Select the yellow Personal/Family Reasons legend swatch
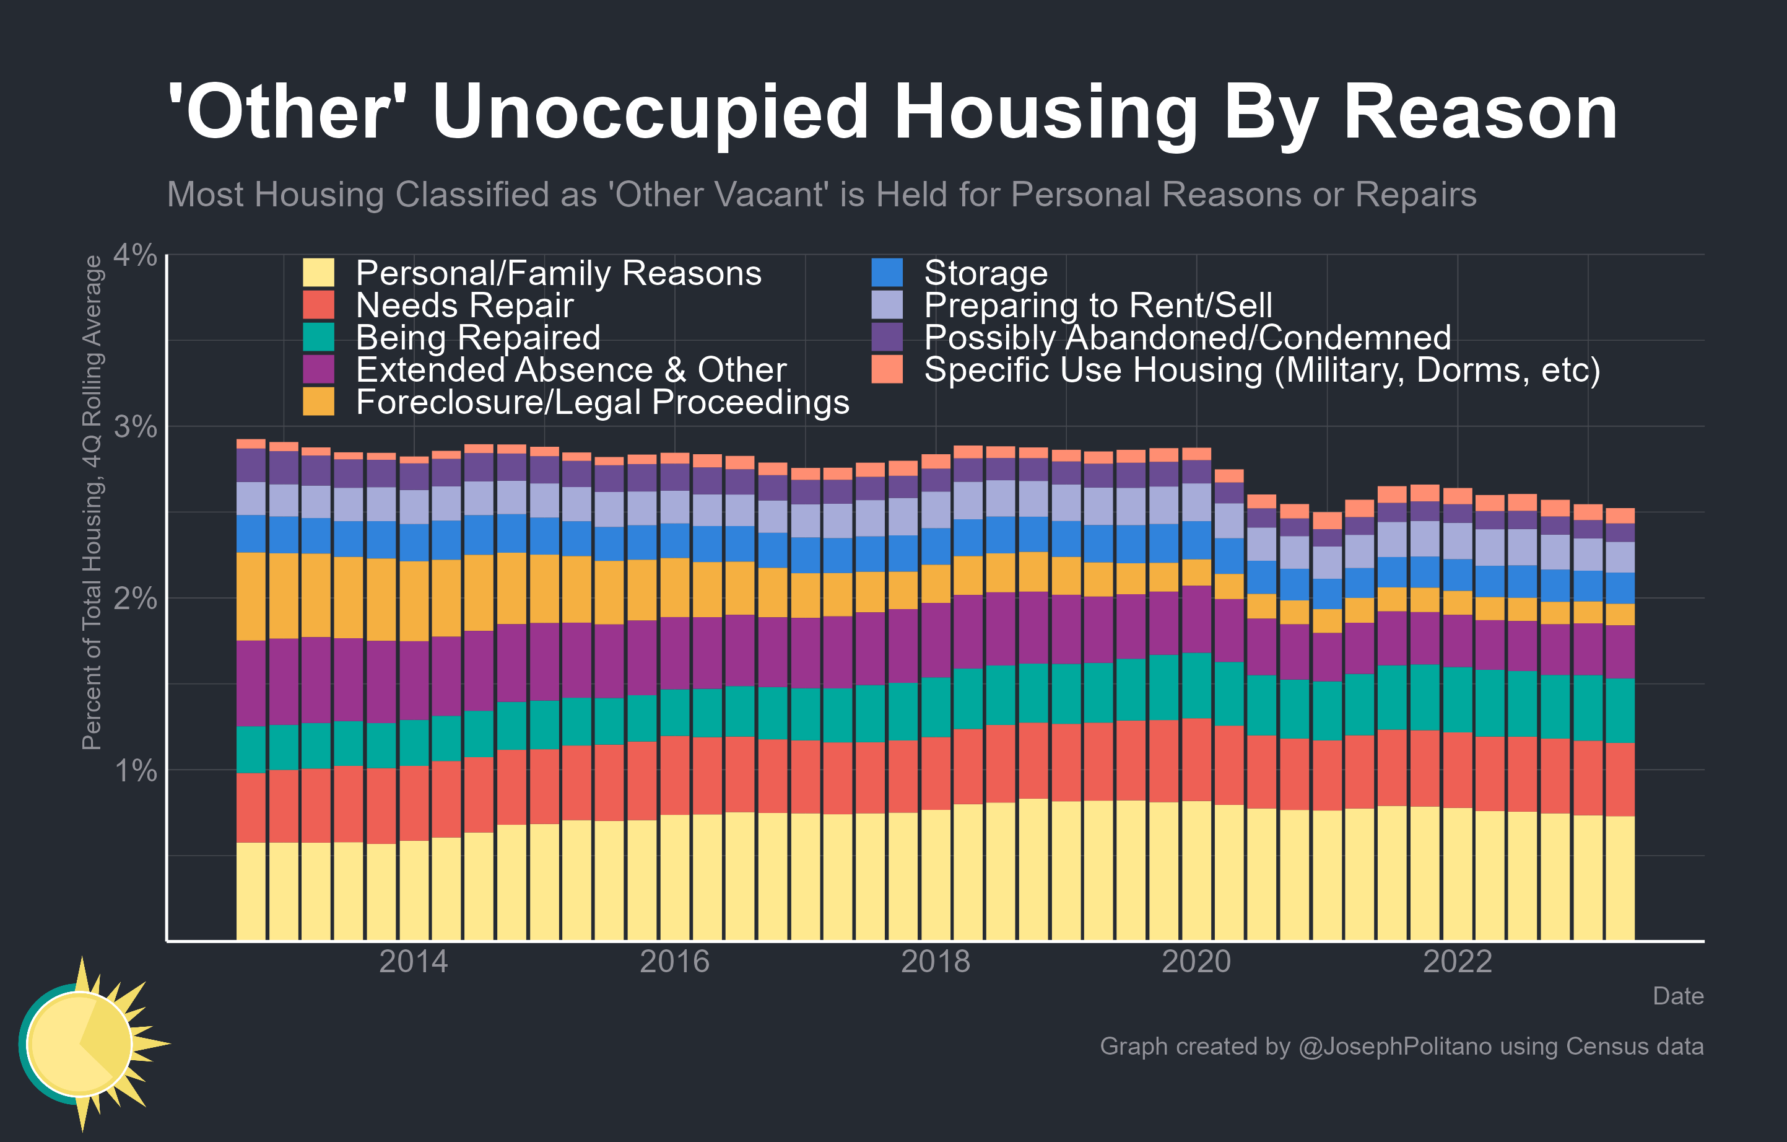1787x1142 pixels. (x=318, y=273)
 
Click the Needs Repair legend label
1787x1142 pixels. (x=464, y=305)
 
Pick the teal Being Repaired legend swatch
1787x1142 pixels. (x=318, y=337)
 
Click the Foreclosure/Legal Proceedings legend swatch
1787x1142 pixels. (x=318, y=402)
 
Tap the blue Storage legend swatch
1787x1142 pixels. (x=887, y=273)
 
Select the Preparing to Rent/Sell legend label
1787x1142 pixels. (x=1098, y=305)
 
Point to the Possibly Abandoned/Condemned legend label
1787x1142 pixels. (x=1186, y=337)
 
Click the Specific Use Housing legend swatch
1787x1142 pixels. (x=887, y=370)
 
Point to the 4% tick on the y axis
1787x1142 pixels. (x=135, y=255)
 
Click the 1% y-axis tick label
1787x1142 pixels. (x=135, y=771)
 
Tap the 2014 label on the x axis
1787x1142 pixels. (x=414, y=962)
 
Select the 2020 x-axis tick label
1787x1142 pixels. (x=1196, y=962)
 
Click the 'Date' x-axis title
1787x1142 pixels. (x=1677, y=996)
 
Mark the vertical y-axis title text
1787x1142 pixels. (x=92, y=503)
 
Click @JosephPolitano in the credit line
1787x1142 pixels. (x=1394, y=1046)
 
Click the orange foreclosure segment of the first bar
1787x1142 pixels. (x=251, y=596)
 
